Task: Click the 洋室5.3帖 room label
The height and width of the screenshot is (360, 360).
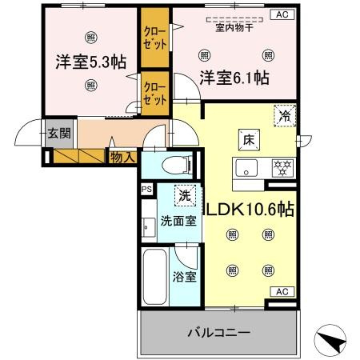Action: point(90,61)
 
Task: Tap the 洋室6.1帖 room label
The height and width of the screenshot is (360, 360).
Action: point(234,78)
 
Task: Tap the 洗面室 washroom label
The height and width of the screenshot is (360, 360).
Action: point(177,221)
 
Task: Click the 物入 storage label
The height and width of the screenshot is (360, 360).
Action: point(122,158)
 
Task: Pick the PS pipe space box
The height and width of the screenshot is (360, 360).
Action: point(146,190)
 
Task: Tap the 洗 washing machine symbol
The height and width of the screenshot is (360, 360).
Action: point(185,194)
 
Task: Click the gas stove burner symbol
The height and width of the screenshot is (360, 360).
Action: point(282,169)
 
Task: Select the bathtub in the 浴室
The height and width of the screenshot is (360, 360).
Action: point(154,276)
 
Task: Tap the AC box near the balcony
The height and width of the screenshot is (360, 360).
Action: point(282,292)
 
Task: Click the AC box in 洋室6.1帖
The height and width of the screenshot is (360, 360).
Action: point(282,14)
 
